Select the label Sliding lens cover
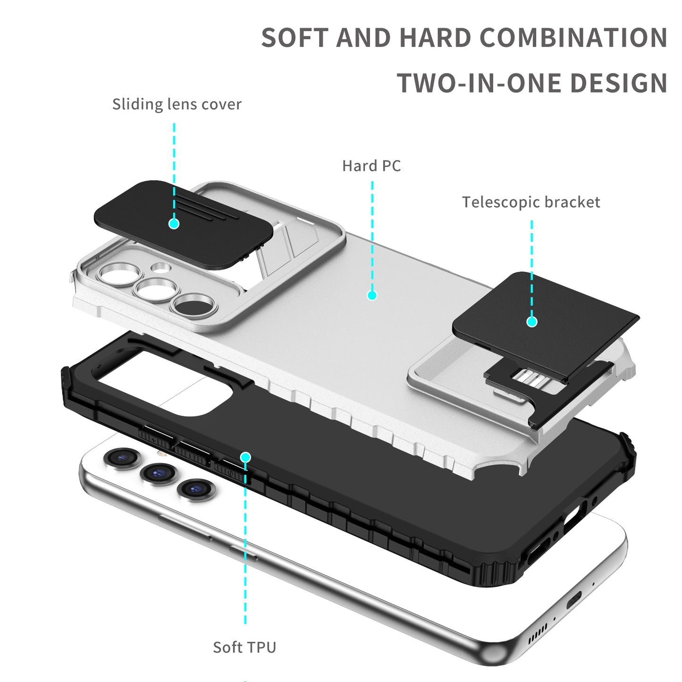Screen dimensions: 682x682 177,104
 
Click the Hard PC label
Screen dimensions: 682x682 371,166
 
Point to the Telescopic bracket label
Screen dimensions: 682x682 531,202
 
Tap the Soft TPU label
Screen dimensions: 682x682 244,647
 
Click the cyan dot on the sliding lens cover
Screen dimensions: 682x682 174,223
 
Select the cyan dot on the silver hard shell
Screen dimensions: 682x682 372,295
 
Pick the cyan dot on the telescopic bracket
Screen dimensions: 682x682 532,322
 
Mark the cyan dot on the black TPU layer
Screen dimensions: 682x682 245,457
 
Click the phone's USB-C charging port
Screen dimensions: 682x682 574,601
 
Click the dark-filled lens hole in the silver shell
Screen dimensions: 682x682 195,305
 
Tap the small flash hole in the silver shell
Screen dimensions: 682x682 161,268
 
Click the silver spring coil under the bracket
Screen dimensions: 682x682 530,377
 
